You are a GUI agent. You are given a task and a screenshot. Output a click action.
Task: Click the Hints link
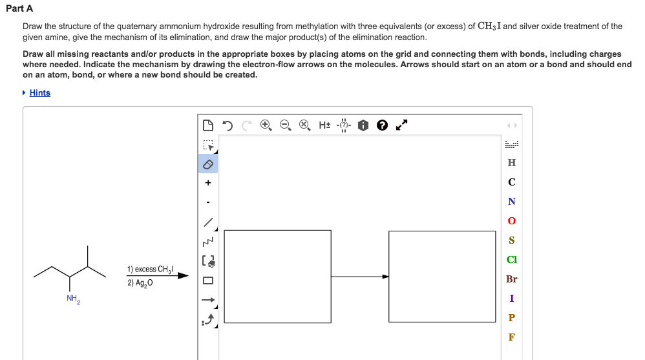coord(39,93)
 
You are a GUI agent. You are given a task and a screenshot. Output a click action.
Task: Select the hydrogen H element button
coord(512,163)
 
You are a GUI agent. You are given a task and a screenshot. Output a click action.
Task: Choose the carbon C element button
coord(512,182)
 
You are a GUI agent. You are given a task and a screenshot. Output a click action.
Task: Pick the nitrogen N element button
coord(512,202)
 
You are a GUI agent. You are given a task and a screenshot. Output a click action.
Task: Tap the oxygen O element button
coord(512,221)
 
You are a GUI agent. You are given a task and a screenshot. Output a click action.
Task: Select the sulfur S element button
coord(512,240)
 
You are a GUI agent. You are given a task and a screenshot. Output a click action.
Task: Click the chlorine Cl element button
coord(512,260)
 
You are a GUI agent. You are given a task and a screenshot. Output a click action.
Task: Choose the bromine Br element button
coord(512,279)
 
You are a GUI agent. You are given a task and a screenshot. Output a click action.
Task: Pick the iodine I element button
coord(512,299)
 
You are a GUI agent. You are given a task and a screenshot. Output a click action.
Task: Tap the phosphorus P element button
coord(512,318)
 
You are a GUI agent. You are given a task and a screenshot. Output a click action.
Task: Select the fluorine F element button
coord(512,337)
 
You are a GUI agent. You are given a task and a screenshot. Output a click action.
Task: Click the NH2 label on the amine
coord(73,299)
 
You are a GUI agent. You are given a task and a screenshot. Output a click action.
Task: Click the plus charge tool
coord(208,184)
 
